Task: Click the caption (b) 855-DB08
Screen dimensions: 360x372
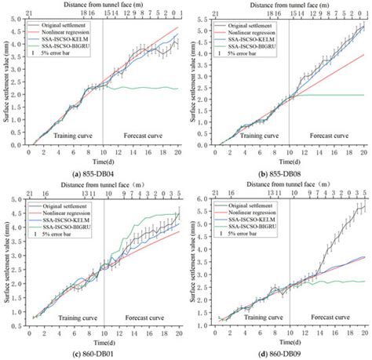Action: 279,170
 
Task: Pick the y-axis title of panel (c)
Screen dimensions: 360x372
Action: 7,263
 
